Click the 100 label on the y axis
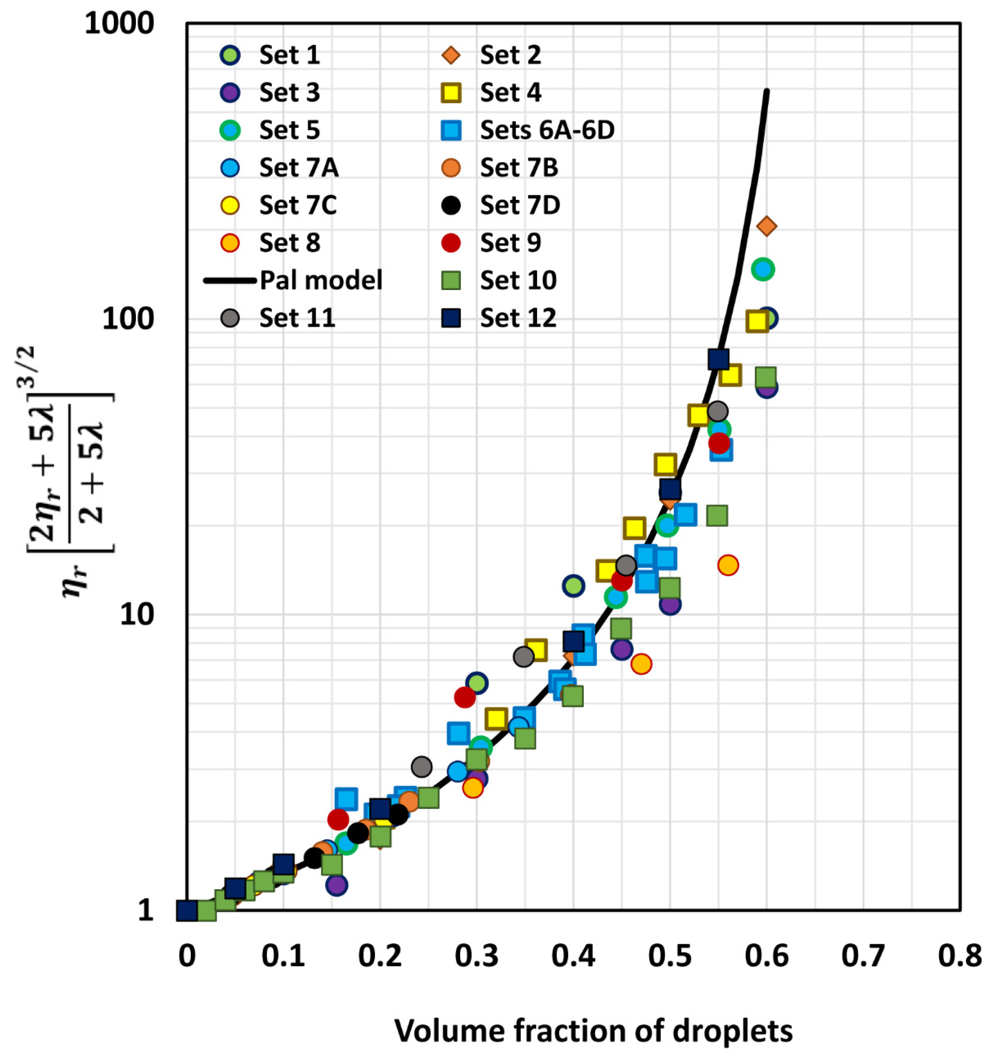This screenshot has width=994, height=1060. click(x=128, y=319)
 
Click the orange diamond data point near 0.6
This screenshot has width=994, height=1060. click(x=767, y=226)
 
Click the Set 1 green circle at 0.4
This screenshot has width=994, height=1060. click(x=573, y=586)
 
